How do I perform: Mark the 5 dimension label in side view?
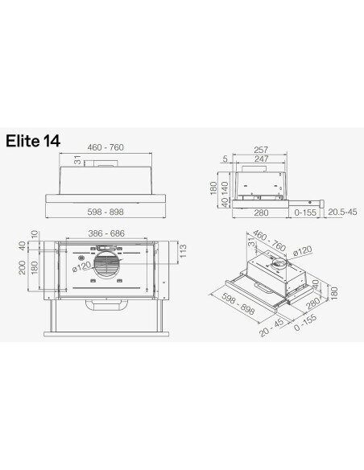(x=225, y=159)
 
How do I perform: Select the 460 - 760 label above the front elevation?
(x=107, y=149)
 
